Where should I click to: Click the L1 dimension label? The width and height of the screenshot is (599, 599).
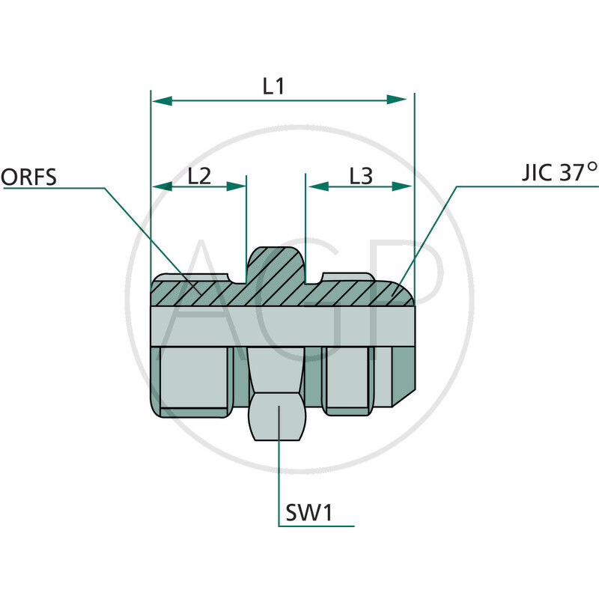pos(273,86)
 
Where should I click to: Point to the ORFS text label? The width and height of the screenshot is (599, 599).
pos(29,177)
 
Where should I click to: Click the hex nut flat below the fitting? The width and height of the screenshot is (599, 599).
pos(278,420)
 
